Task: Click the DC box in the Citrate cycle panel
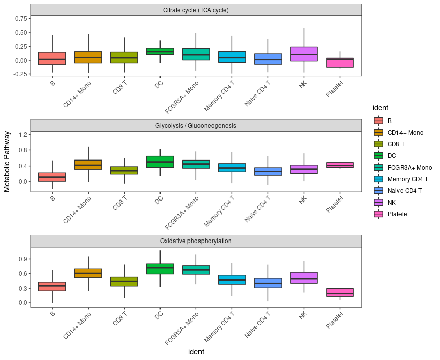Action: coord(160,51)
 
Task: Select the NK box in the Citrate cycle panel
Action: coord(304,54)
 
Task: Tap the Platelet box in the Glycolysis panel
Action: coord(340,165)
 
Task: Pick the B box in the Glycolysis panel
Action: coord(52,177)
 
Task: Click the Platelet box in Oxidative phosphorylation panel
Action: coord(340,292)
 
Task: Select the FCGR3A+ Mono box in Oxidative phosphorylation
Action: coord(196,270)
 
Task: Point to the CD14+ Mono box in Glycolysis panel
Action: coord(88,165)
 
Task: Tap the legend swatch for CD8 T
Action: coord(378,144)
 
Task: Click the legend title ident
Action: coord(380,108)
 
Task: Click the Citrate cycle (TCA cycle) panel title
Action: coord(195,10)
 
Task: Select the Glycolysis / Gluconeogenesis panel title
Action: coord(195,126)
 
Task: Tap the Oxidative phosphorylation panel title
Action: coord(195,241)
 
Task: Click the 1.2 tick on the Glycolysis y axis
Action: coord(23,134)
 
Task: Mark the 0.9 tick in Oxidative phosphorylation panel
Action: coord(23,259)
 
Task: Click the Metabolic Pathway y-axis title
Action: coord(7,161)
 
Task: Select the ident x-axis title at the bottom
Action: coord(195,352)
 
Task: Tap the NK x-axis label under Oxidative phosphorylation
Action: coord(303,315)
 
